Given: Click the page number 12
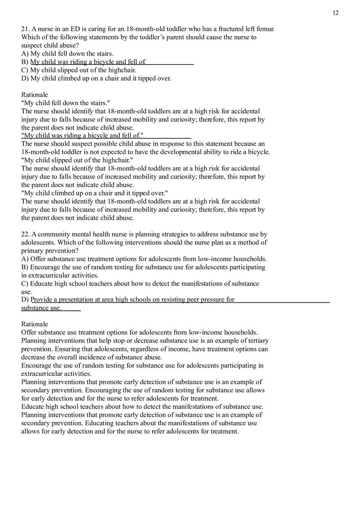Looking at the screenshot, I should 335,13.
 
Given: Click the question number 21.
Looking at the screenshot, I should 25,29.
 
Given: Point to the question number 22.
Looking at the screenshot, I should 25,234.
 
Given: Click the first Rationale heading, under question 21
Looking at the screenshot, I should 34,95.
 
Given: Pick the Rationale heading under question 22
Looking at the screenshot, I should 34,324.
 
